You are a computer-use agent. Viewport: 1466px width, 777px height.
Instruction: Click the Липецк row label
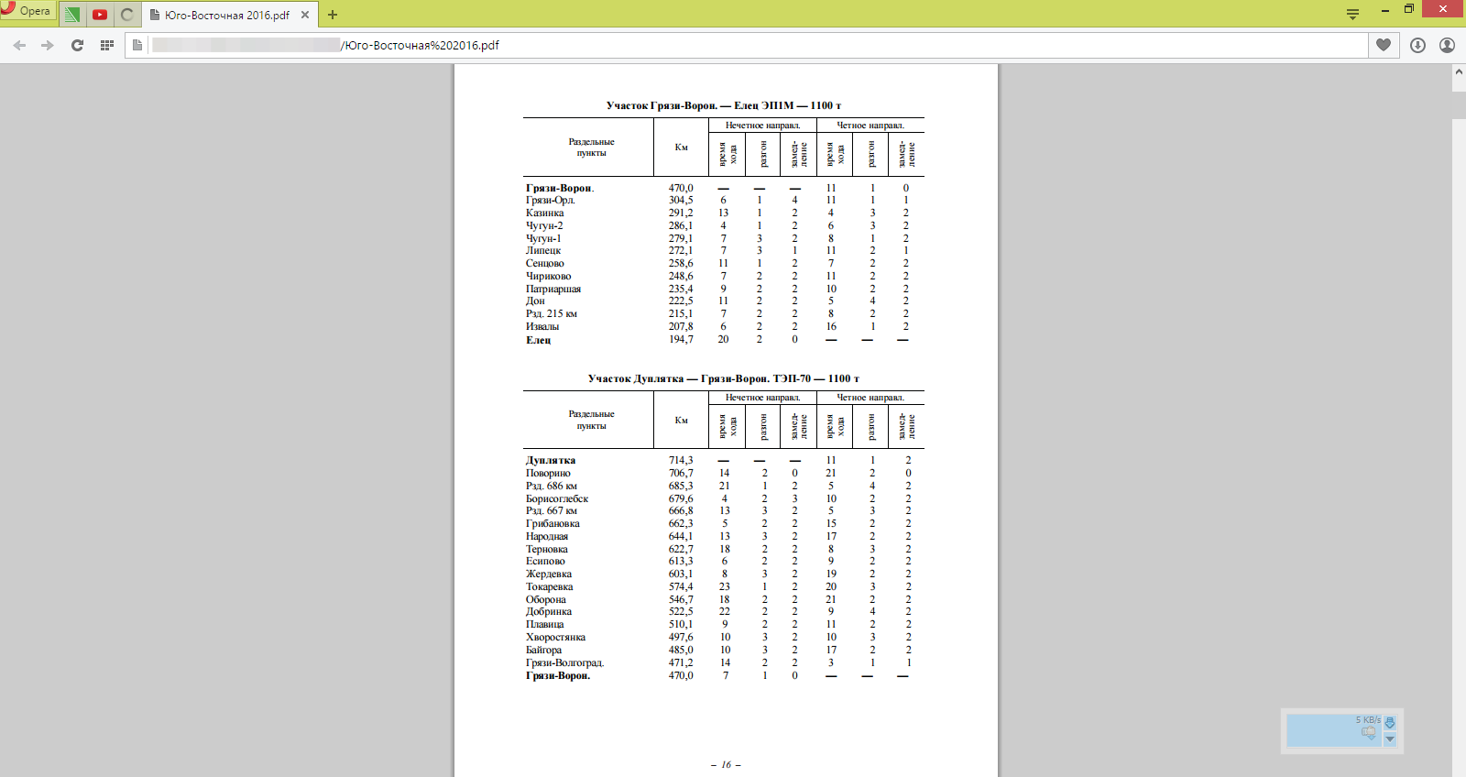[x=543, y=250]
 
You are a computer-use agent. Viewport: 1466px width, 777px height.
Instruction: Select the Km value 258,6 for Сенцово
[x=681, y=263]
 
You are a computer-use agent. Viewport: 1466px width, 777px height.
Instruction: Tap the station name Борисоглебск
[x=557, y=498]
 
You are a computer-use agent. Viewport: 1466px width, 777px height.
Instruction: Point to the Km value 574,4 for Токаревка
[x=681, y=586]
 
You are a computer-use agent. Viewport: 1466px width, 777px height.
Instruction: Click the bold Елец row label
[x=539, y=340]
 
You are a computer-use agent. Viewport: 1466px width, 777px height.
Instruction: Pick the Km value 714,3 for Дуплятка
[x=681, y=460]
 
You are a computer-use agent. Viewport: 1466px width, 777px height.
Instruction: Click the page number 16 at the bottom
[x=726, y=764]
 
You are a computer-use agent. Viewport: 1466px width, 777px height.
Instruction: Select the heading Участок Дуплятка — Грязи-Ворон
[x=724, y=378]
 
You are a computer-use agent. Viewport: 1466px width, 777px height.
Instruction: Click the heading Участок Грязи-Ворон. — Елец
[x=724, y=105]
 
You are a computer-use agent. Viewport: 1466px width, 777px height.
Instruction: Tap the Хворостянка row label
[x=555, y=637]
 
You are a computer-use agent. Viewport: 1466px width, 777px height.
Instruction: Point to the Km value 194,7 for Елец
[x=681, y=339]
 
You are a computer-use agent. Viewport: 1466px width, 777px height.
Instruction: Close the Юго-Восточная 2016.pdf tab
[x=305, y=15]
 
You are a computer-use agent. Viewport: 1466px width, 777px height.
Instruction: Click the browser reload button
[x=77, y=45]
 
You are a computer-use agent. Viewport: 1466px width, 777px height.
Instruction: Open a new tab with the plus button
[x=333, y=15]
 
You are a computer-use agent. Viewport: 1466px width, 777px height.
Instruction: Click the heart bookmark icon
[x=1384, y=45]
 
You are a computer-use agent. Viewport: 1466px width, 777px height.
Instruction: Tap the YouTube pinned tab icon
[x=100, y=15]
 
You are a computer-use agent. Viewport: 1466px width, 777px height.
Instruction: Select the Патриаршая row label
[x=553, y=289]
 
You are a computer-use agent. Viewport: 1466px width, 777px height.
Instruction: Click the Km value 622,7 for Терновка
[x=681, y=549]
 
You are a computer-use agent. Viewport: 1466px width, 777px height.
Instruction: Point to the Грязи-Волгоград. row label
[x=564, y=662]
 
